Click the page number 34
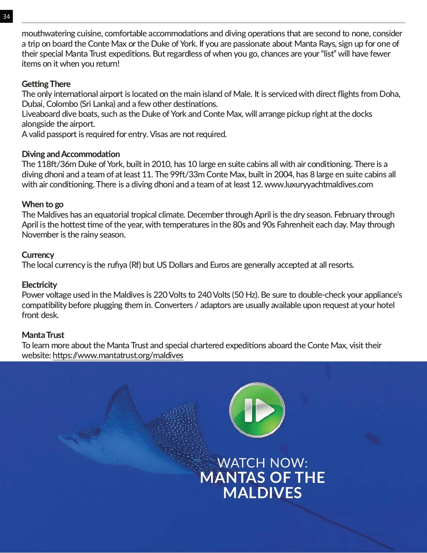[6, 16]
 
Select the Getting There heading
[46, 84]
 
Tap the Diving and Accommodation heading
[70, 154]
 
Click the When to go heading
[42, 204]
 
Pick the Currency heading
[38, 255]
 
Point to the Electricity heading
[39, 285]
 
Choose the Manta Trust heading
[43, 335]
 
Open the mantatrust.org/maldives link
[118, 355]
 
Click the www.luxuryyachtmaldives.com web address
[318, 184]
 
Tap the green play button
[257, 410]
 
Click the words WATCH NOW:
[263, 463]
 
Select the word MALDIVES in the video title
[263, 493]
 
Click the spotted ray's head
[71, 438]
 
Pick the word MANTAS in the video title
[227, 478]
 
